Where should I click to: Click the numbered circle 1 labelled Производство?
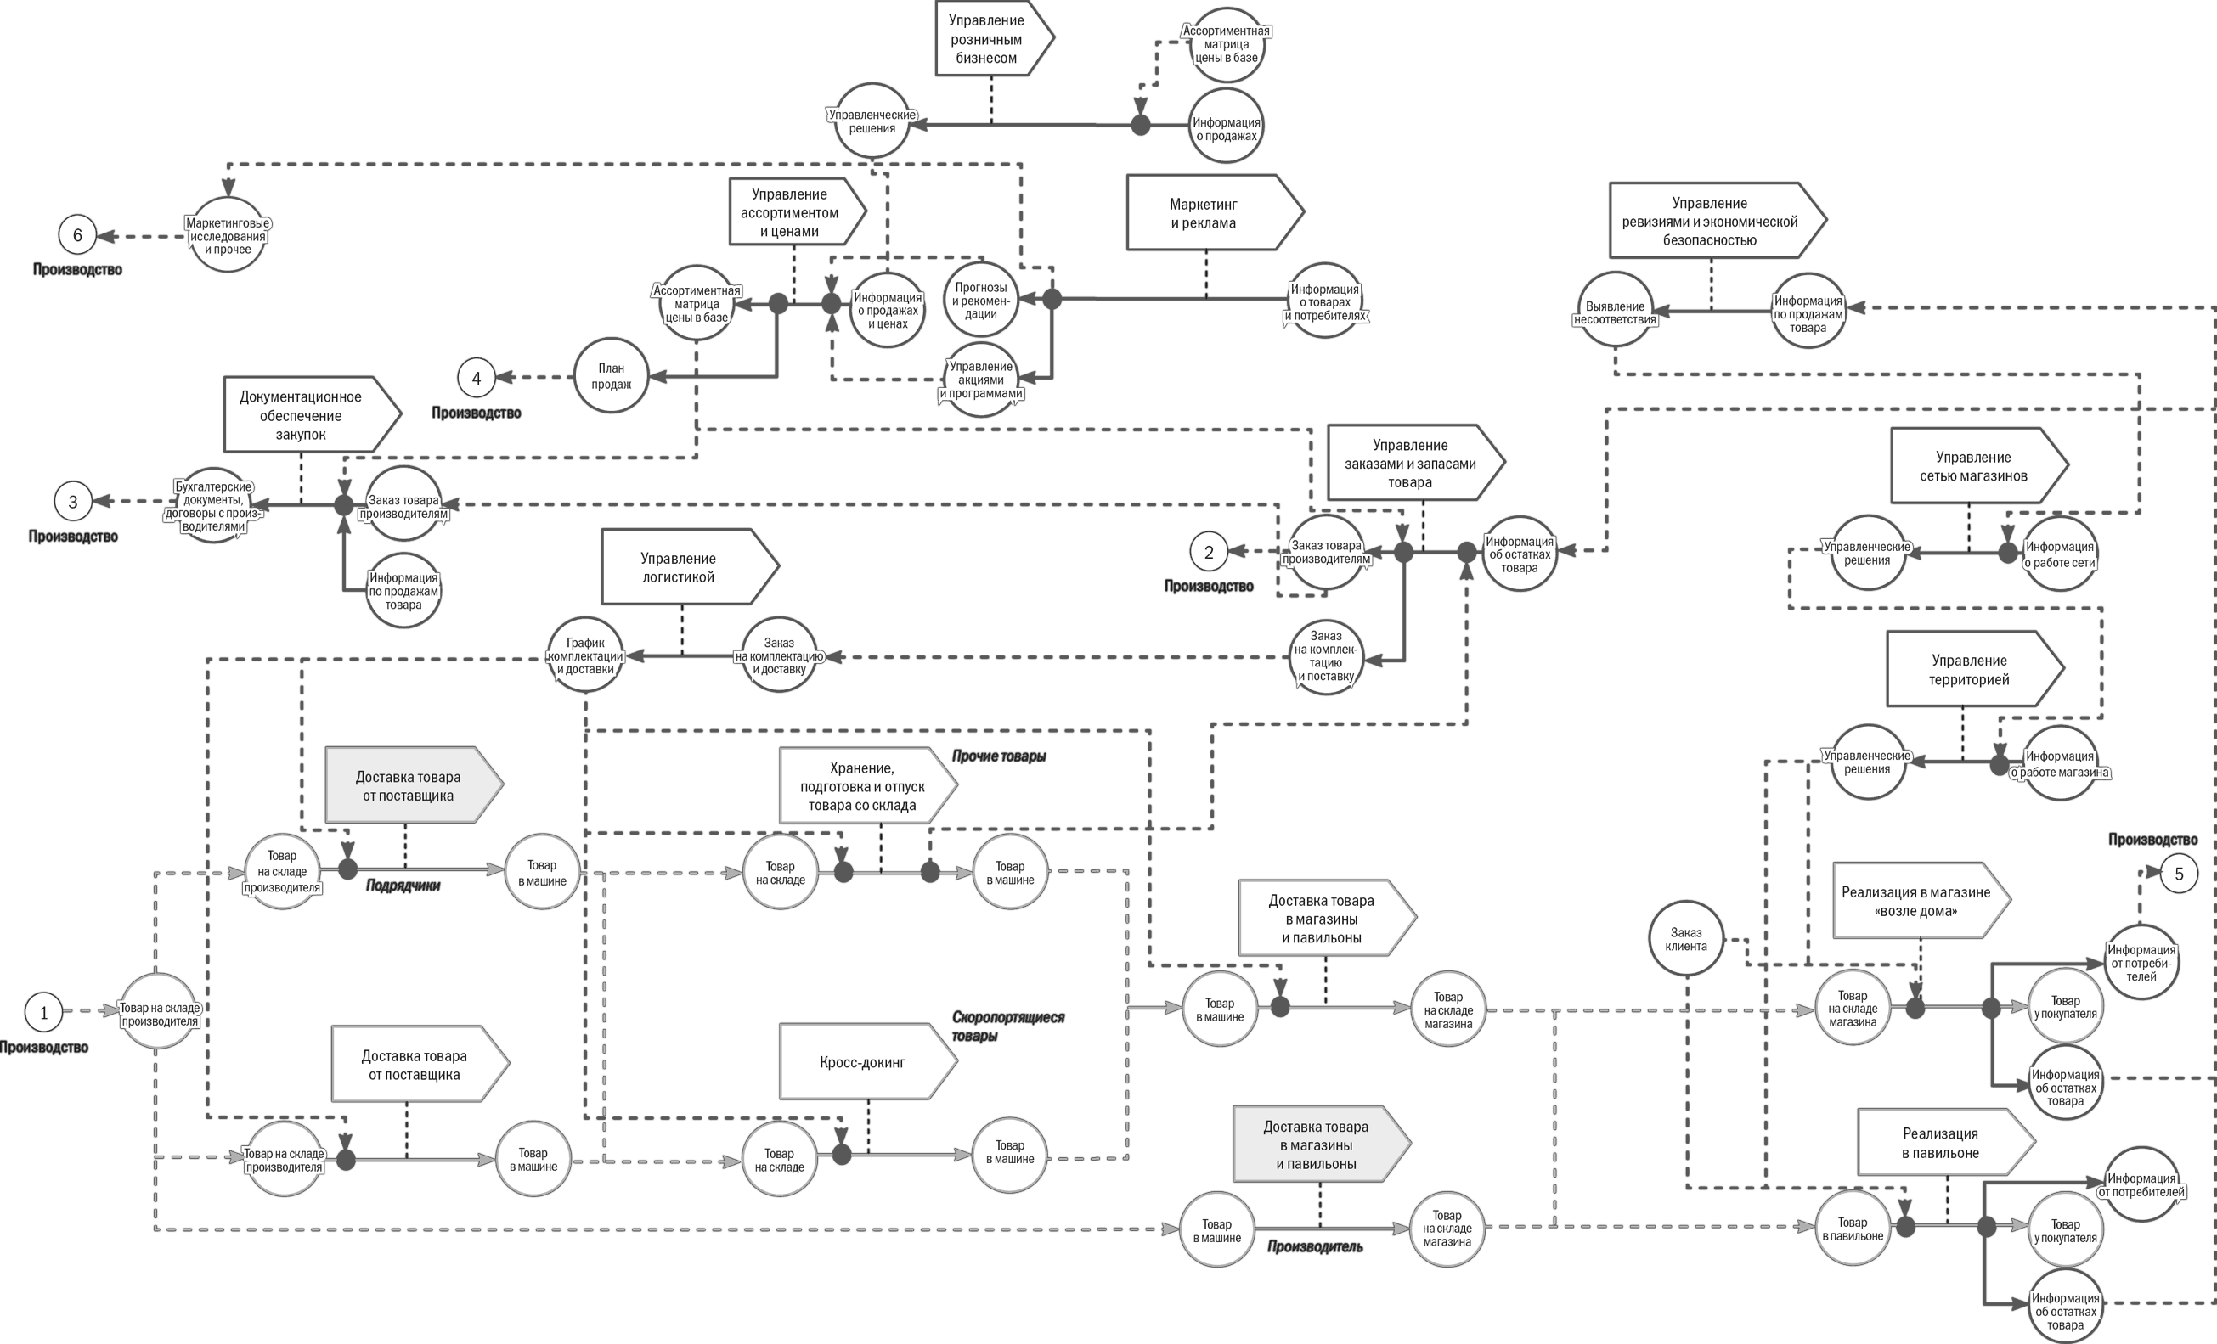(43, 1012)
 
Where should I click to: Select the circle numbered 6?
(77, 236)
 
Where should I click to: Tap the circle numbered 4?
(476, 379)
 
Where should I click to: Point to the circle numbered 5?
(2178, 874)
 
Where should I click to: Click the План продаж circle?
(611, 376)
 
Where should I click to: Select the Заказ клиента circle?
(1685, 939)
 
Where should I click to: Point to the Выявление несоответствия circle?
(1615, 312)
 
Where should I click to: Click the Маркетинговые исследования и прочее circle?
(228, 236)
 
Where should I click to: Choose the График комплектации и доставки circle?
(585, 655)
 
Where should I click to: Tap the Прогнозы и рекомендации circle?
(981, 301)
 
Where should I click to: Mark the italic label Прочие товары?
(999, 756)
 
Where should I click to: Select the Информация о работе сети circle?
(2060, 554)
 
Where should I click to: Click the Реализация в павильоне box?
(1942, 1143)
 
